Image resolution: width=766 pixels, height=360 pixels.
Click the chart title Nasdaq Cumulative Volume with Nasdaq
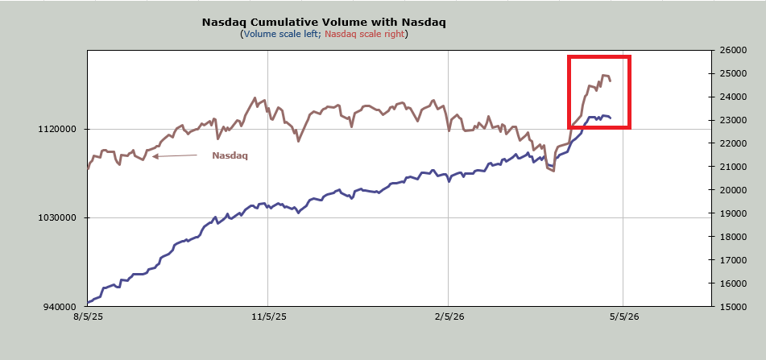tap(323, 23)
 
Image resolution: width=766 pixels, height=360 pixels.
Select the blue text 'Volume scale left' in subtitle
tap(279, 34)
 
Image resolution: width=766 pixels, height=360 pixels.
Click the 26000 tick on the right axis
tap(732, 50)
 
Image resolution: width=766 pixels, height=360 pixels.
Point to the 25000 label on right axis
tap(732, 73)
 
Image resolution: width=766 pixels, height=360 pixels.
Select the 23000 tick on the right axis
tap(732, 120)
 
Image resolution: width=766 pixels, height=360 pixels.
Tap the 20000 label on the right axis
tap(732, 190)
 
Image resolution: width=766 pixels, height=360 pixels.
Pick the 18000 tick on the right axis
tap(732, 237)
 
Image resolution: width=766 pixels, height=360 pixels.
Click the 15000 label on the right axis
tap(732, 307)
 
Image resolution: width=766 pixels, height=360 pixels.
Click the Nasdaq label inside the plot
tap(230, 155)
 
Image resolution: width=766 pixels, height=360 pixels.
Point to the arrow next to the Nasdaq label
tap(174, 156)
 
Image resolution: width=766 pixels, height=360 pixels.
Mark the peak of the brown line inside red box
tap(603, 75)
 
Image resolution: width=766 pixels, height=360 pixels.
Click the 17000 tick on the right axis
tap(732, 260)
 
